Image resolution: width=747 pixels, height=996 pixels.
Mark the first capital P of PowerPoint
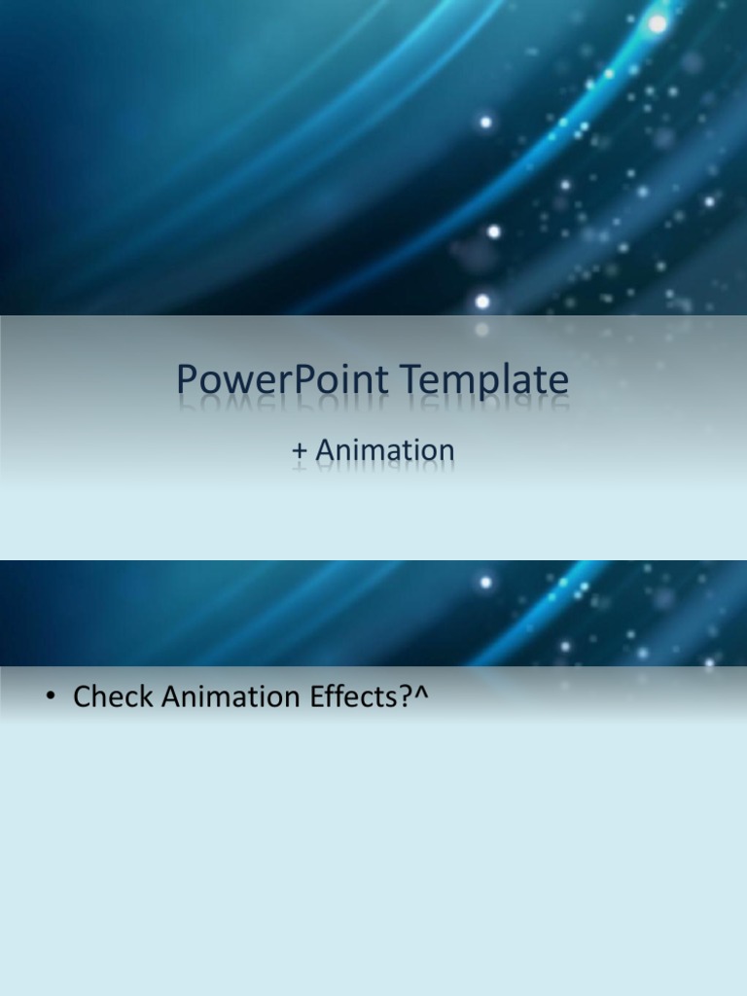(x=187, y=380)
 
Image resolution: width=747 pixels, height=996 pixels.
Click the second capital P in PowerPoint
(x=311, y=380)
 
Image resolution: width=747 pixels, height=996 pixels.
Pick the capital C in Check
(x=82, y=696)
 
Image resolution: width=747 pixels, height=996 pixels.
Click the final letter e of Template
(x=559, y=382)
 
